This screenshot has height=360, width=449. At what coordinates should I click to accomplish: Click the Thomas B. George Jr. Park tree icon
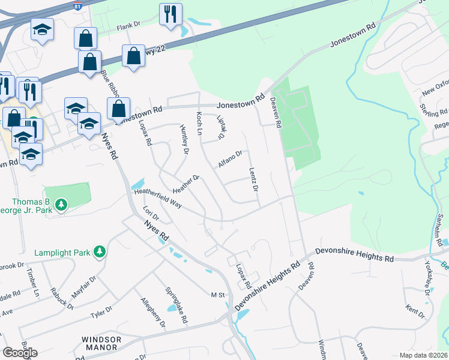[61, 206]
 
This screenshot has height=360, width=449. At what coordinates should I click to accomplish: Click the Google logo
[20, 353]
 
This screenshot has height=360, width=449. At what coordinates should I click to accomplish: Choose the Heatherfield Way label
[158, 196]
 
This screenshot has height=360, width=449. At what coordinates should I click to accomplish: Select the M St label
[217, 295]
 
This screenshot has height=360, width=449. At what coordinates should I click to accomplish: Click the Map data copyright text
[424, 355]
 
